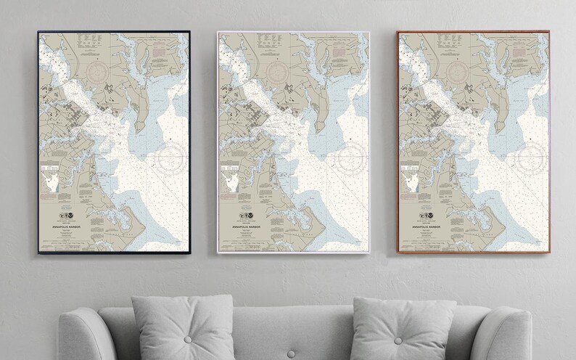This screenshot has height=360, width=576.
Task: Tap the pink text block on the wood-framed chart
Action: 519,54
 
